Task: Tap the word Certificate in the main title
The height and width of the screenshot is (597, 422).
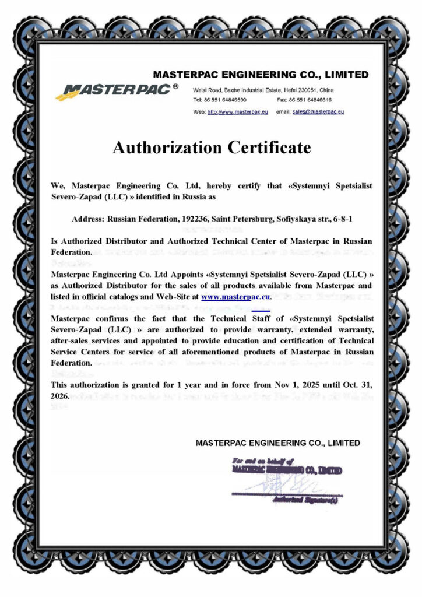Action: point(268,148)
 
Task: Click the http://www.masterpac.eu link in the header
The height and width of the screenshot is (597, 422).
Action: point(237,111)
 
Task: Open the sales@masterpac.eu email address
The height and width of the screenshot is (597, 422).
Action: point(318,111)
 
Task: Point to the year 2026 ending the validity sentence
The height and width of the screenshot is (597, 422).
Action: point(60,396)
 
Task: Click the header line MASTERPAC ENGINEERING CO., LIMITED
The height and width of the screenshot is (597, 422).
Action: point(260,75)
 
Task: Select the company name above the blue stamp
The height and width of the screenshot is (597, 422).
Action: point(277,443)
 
